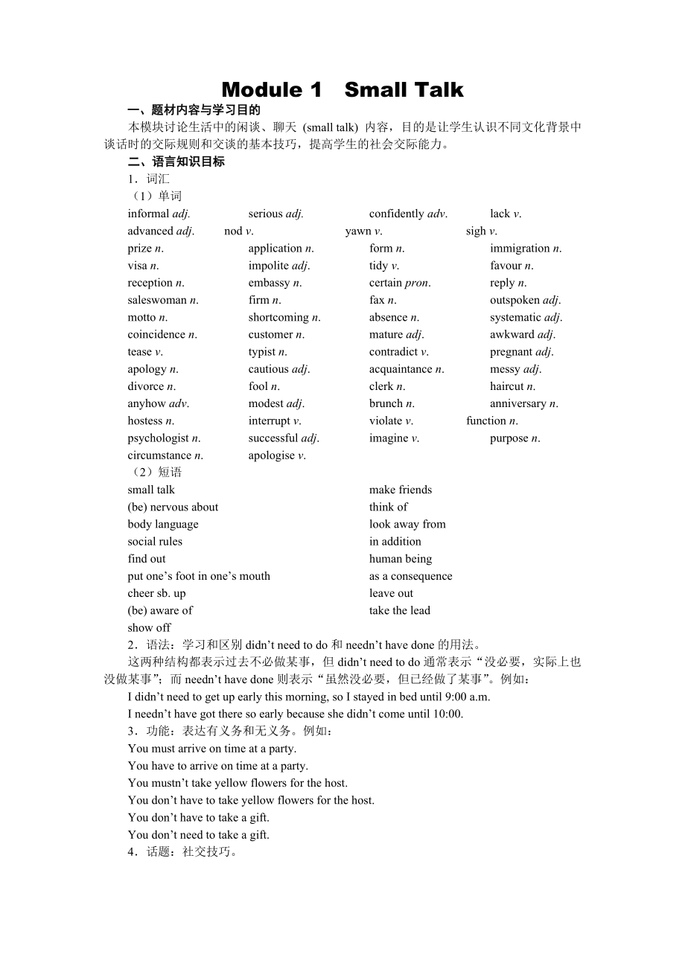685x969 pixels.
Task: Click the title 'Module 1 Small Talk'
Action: tap(342, 90)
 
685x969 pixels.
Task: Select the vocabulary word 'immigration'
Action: tap(520, 249)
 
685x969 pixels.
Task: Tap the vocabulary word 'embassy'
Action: tap(270, 283)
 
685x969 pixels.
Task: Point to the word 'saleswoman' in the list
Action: tap(157, 300)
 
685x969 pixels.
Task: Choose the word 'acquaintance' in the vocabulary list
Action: tap(401, 369)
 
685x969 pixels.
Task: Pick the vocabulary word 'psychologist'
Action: tap(159, 438)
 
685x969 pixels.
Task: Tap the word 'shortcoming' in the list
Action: tap(278, 318)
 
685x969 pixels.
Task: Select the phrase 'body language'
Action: tap(163, 524)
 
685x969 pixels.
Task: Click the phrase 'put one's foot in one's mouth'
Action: tap(199, 576)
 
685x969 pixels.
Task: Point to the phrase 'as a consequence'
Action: tap(410, 576)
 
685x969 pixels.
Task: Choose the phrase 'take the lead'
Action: tap(400, 610)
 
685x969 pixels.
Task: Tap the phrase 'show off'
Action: tap(149, 627)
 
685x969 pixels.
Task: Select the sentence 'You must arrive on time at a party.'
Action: tap(212, 749)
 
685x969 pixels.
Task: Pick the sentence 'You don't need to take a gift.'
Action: tap(199, 835)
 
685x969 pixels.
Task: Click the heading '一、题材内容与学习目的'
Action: tap(194, 110)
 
